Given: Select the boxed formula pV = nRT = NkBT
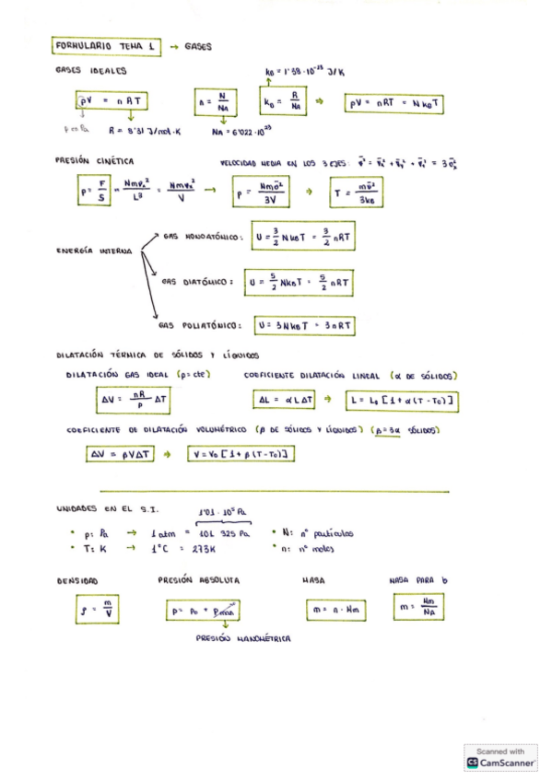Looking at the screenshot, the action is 393,104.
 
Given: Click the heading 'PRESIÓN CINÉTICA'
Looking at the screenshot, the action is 95,159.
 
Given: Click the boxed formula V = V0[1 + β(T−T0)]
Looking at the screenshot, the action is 242,454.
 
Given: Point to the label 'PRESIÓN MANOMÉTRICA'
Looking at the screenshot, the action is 243,638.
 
